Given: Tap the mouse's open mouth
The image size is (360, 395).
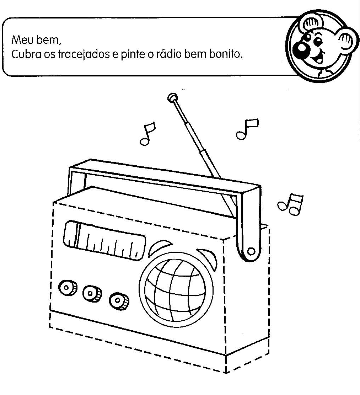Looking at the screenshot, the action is [x=322, y=57].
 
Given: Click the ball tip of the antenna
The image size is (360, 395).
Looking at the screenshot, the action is [x=172, y=97].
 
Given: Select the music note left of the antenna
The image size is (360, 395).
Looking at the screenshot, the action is [x=147, y=134].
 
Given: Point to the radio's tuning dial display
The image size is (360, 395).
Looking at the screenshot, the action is [x=105, y=240].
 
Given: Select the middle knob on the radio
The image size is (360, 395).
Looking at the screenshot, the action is [x=92, y=293].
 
